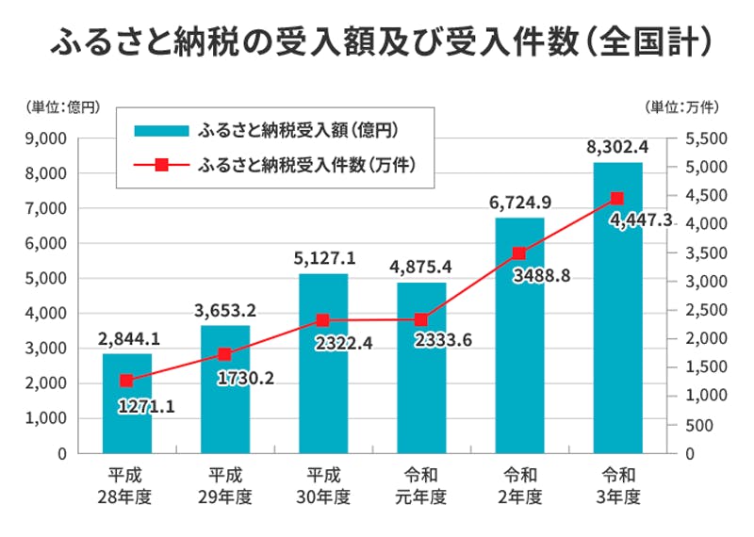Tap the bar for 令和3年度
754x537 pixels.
(x=617, y=311)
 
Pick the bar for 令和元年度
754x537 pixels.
(x=421, y=377)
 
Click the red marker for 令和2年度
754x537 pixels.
(x=519, y=253)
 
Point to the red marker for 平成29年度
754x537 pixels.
(x=224, y=354)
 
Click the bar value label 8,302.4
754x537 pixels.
(x=617, y=147)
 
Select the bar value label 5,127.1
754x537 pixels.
(x=323, y=258)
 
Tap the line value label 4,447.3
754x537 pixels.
(x=641, y=220)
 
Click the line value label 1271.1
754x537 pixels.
(x=150, y=408)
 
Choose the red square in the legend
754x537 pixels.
(x=160, y=165)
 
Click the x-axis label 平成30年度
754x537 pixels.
(x=323, y=484)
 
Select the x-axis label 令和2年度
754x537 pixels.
(x=519, y=484)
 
